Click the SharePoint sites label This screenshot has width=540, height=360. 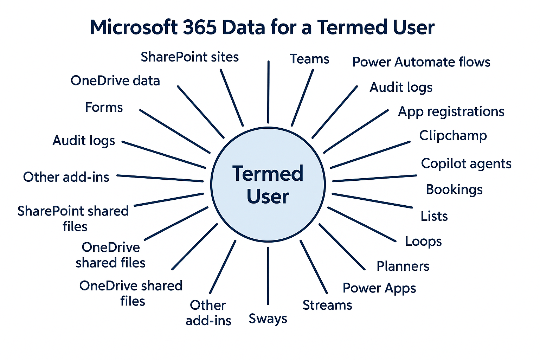[189, 57]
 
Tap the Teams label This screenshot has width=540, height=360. [309, 59]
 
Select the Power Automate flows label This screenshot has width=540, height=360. [421, 62]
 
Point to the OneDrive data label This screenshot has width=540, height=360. [115, 81]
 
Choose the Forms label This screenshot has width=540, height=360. [104, 107]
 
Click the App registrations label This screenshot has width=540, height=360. [451, 112]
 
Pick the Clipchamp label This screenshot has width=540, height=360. [453, 136]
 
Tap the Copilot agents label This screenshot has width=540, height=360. [466, 164]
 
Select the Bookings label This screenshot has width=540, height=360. [454, 189]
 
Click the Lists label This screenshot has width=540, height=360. [434, 216]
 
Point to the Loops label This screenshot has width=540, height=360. [423, 241]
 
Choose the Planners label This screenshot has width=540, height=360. [403, 266]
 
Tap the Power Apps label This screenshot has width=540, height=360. [379, 288]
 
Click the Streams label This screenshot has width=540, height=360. [327, 305]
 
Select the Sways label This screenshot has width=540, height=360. [268, 319]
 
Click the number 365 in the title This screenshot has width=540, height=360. [199, 27]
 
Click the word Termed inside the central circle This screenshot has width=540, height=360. [268, 174]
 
